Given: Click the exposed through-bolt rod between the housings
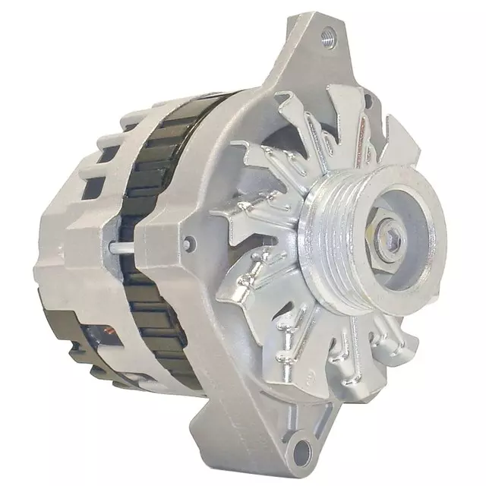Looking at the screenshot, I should point(130,246).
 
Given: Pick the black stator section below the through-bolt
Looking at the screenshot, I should point(156,319).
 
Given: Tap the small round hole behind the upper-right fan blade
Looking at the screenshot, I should point(368,99).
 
